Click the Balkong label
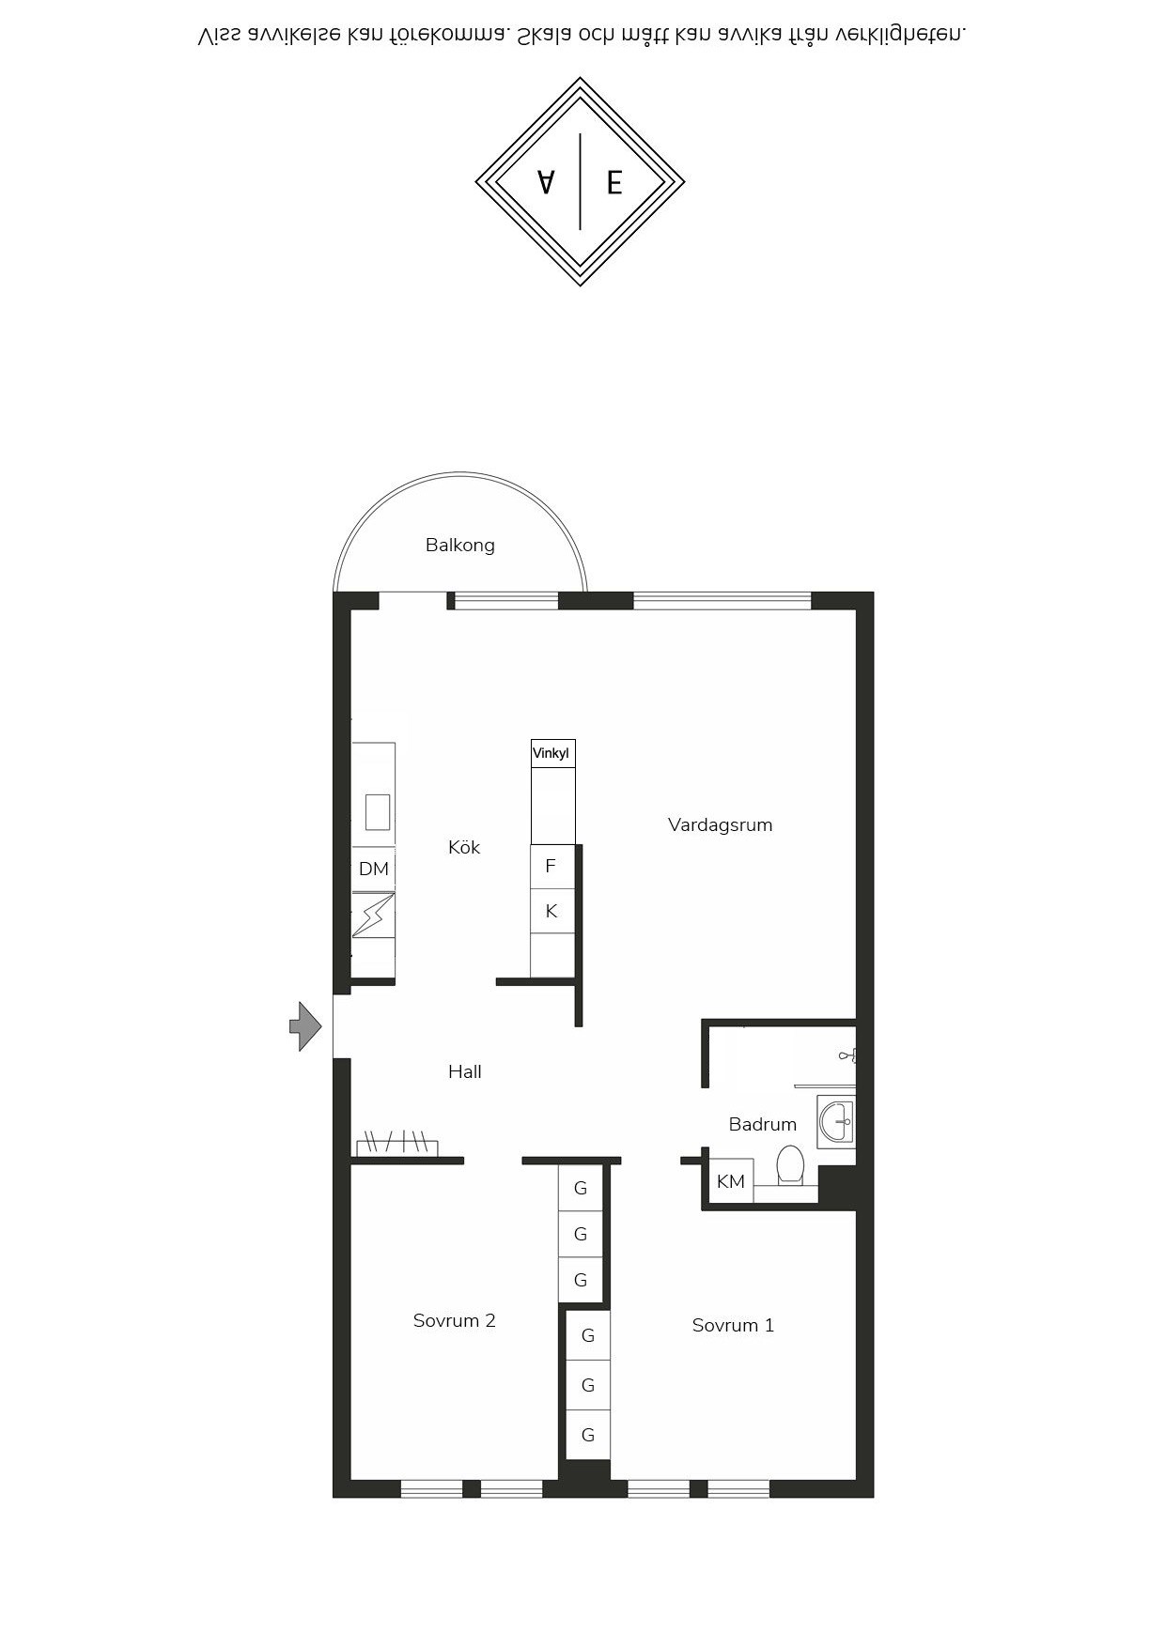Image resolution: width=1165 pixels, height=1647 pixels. click(x=459, y=545)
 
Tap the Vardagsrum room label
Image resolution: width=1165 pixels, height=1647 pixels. click(x=720, y=824)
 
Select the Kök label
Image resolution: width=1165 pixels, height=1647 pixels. click(x=464, y=847)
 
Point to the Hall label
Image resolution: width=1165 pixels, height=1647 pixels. click(x=465, y=1071)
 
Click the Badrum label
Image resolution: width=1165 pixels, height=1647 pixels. click(x=762, y=1124)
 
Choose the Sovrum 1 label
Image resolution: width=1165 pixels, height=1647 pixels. click(x=733, y=1325)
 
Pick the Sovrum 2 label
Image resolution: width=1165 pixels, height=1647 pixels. click(x=454, y=1320)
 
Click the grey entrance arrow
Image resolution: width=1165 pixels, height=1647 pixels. click(x=305, y=1026)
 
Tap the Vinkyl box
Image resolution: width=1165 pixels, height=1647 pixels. click(x=552, y=753)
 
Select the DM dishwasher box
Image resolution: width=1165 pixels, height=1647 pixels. click(x=373, y=869)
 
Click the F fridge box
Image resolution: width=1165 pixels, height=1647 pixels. click(x=551, y=866)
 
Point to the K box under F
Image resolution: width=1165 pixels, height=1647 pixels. click(x=551, y=911)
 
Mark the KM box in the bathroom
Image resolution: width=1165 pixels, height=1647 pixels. click(x=731, y=1181)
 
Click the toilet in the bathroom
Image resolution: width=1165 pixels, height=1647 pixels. click(x=790, y=1165)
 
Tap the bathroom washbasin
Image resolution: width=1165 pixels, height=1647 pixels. click(x=835, y=1121)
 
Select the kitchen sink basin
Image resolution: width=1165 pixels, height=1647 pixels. click(x=378, y=812)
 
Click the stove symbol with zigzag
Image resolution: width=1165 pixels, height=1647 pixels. click(x=373, y=916)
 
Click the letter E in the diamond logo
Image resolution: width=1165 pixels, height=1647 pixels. click(x=614, y=182)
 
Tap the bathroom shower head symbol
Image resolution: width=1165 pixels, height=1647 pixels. click(x=847, y=1056)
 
